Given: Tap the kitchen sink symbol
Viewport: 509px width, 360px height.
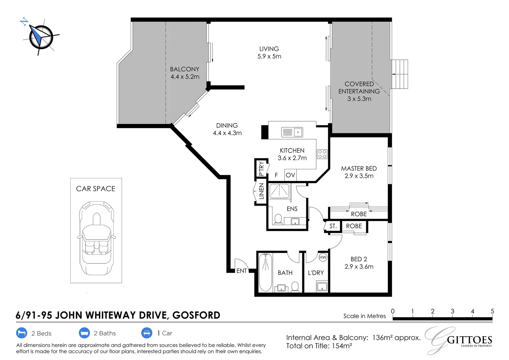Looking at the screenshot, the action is point(292,132).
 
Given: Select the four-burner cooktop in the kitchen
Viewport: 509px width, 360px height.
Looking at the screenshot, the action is point(322,154).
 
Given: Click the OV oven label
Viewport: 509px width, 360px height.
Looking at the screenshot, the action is point(290,175).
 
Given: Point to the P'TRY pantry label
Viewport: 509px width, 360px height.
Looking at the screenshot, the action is point(261,168).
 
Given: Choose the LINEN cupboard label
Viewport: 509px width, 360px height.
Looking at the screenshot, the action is point(261,191).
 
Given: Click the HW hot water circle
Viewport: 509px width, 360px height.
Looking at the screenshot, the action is point(323,257).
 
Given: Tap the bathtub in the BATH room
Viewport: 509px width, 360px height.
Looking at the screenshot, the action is point(265,272).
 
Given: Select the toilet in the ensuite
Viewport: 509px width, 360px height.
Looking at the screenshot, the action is point(278,219).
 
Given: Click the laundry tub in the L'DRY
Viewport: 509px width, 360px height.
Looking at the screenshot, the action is point(322,287).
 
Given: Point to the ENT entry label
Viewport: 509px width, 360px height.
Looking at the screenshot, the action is point(241,271).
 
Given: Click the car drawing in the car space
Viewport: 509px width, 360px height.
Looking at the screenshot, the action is point(96,238).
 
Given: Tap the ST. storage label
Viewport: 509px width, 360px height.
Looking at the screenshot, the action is point(333,226).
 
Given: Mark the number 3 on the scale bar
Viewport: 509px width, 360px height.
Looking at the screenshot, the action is point(452,311).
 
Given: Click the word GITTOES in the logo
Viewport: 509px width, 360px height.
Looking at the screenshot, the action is point(469,340).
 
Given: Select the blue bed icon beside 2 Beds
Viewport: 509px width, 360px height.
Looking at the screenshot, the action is point(22,333).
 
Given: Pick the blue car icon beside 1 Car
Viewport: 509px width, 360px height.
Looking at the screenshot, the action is point(147,333).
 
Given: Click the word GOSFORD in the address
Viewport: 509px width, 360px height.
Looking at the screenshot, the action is point(196,315).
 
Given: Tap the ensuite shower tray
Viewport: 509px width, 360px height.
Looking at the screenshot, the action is point(279,191).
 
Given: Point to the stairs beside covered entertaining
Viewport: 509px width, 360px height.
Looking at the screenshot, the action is point(399,74).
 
